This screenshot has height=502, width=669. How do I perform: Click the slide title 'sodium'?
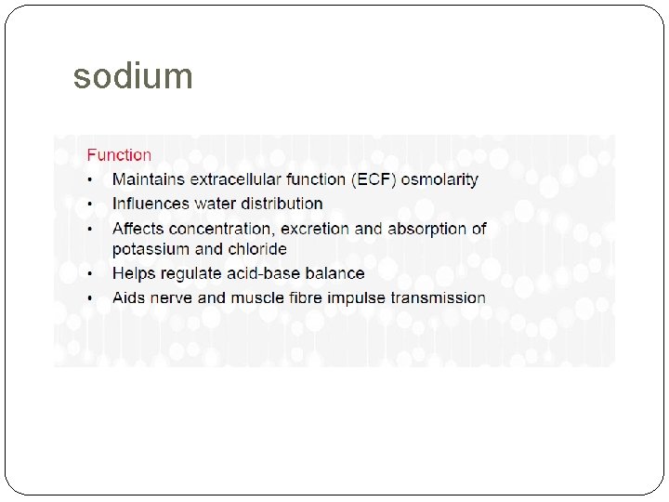[133, 76]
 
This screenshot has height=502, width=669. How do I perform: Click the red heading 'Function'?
[119, 155]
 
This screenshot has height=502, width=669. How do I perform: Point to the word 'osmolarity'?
[439, 179]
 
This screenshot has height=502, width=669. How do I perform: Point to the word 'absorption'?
[426, 228]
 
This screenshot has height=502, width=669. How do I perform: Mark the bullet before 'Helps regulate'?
[90, 274]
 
